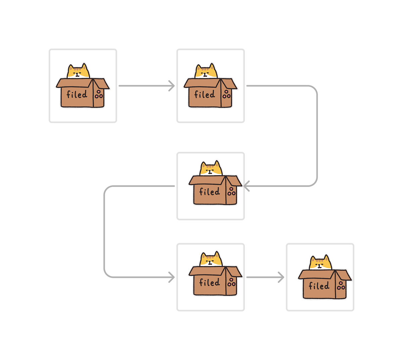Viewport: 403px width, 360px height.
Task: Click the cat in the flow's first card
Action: (x=79, y=71)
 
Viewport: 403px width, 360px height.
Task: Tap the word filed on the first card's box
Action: (x=77, y=94)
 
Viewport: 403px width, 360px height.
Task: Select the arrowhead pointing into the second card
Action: (x=172, y=86)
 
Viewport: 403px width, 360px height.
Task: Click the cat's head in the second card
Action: (x=206, y=71)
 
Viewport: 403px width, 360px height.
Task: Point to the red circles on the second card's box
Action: (x=227, y=94)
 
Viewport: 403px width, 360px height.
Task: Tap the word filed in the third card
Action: (x=210, y=192)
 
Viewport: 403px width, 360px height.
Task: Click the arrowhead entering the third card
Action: (x=246, y=186)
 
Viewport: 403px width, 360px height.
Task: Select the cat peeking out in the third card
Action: (x=211, y=169)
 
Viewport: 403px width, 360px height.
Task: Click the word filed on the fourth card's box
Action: (x=210, y=282)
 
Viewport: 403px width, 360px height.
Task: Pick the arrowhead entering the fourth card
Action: (x=172, y=277)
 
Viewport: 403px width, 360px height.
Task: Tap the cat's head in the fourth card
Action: (x=211, y=259)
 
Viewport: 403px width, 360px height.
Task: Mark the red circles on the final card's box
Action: (x=341, y=286)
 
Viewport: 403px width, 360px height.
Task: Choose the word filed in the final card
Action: (x=319, y=286)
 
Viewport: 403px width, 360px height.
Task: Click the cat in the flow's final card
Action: (x=321, y=263)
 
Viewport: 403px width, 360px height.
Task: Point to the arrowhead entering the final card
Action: (x=281, y=277)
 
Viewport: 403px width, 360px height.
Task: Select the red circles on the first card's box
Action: (x=99, y=94)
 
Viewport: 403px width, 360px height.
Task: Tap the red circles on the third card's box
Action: (x=232, y=192)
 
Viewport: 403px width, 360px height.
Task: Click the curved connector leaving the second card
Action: (x=317, y=134)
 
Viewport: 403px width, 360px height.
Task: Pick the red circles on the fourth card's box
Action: (x=232, y=282)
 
